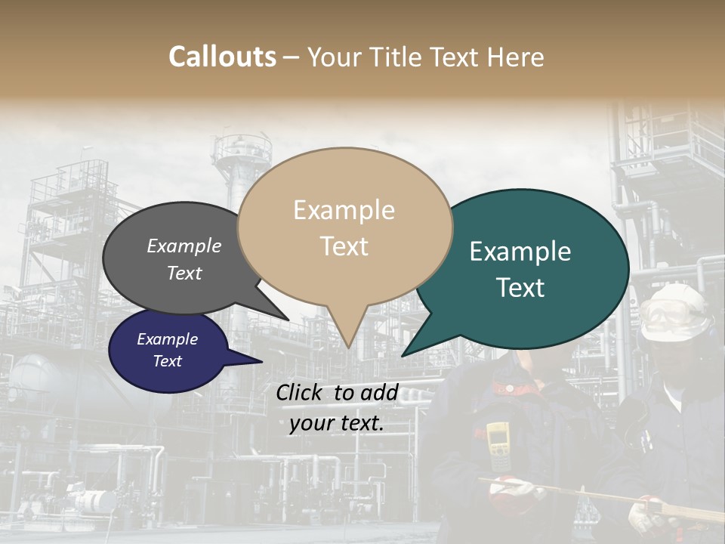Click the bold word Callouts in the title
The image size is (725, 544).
[x=222, y=57]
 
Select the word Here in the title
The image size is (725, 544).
[x=514, y=57]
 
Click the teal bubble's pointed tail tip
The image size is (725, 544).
[x=403, y=355]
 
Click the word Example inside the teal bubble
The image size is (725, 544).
[x=520, y=252]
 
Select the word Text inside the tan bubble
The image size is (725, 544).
[x=344, y=246]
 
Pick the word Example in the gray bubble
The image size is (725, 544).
[x=184, y=246]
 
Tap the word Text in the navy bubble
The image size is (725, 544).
[x=168, y=361]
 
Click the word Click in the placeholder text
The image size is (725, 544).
[x=301, y=392]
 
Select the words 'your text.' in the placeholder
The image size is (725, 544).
[x=337, y=423]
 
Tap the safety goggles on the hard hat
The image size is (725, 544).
[x=665, y=317]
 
